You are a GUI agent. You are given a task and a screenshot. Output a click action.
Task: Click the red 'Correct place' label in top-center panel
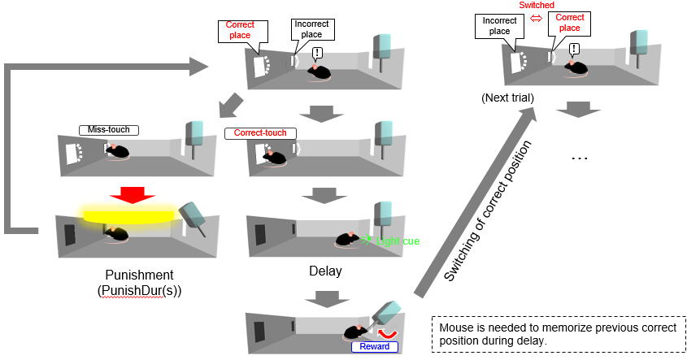(x=240, y=30)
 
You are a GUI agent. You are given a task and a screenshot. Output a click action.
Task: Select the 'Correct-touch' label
(x=260, y=132)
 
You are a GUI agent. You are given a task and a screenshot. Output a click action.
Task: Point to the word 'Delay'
(x=325, y=270)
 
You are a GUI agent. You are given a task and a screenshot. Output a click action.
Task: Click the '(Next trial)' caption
(x=507, y=98)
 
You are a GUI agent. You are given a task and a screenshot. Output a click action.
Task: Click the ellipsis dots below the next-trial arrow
(x=578, y=157)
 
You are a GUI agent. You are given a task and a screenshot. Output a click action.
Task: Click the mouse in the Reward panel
(x=355, y=331)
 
